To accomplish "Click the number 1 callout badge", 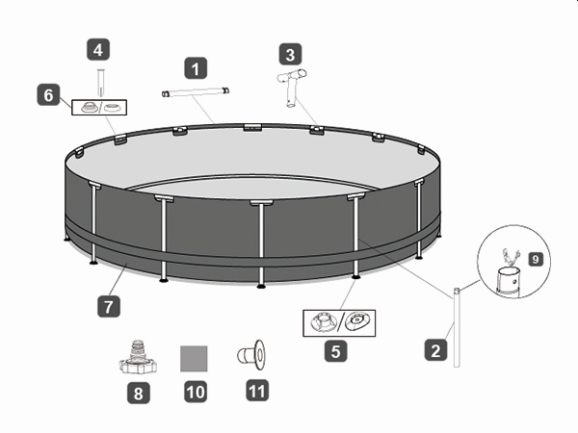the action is [196, 68].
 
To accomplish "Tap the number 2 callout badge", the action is [435, 350].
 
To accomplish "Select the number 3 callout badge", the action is [290, 54].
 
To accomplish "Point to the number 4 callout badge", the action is [98, 49].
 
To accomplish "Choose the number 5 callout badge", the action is [335, 351].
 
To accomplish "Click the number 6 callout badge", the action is [48, 94].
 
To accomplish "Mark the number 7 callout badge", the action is [108, 306].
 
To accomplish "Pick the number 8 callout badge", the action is [138, 393].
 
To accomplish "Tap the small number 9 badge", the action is [536, 259].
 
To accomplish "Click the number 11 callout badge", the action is [257, 391].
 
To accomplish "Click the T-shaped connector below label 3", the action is [292, 87].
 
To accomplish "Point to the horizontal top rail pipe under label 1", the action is [196, 92].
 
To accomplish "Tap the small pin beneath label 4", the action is [100, 83].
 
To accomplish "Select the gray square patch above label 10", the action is [194, 358].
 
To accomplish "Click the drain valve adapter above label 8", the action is [138, 358].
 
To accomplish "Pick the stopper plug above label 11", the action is [251, 355].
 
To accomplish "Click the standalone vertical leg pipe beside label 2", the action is [457, 327].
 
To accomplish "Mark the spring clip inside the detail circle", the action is [511, 257].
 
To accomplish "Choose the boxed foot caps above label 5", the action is [339, 323].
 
